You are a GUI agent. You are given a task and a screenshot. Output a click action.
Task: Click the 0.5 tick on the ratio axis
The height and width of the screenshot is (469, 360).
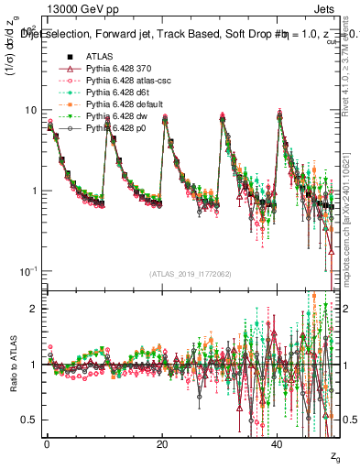click(x=30, y=420)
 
